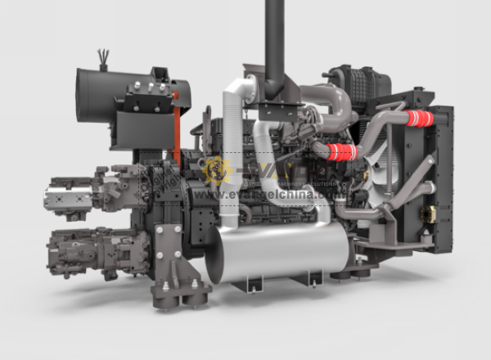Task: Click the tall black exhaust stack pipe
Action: [x=274, y=37]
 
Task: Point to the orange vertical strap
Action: [x=176, y=131]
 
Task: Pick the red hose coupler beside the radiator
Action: [x=419, y=119]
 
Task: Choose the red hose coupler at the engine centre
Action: [x=340, y=151]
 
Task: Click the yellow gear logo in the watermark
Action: [x=217, y=170]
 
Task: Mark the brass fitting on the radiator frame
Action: [x=426, y=214]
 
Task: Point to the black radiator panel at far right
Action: [x=442, y=180]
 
